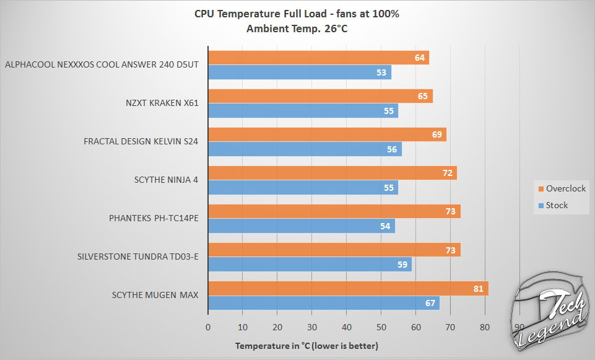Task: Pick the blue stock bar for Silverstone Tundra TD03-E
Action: (310, 265)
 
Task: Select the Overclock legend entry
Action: (560, 188)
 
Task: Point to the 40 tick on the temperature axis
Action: (347, 327)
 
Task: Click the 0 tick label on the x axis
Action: (208, 327)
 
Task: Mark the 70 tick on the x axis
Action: (450, 327)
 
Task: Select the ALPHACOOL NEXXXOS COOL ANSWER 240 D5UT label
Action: (101, 64)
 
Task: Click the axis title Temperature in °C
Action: (306, 345)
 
